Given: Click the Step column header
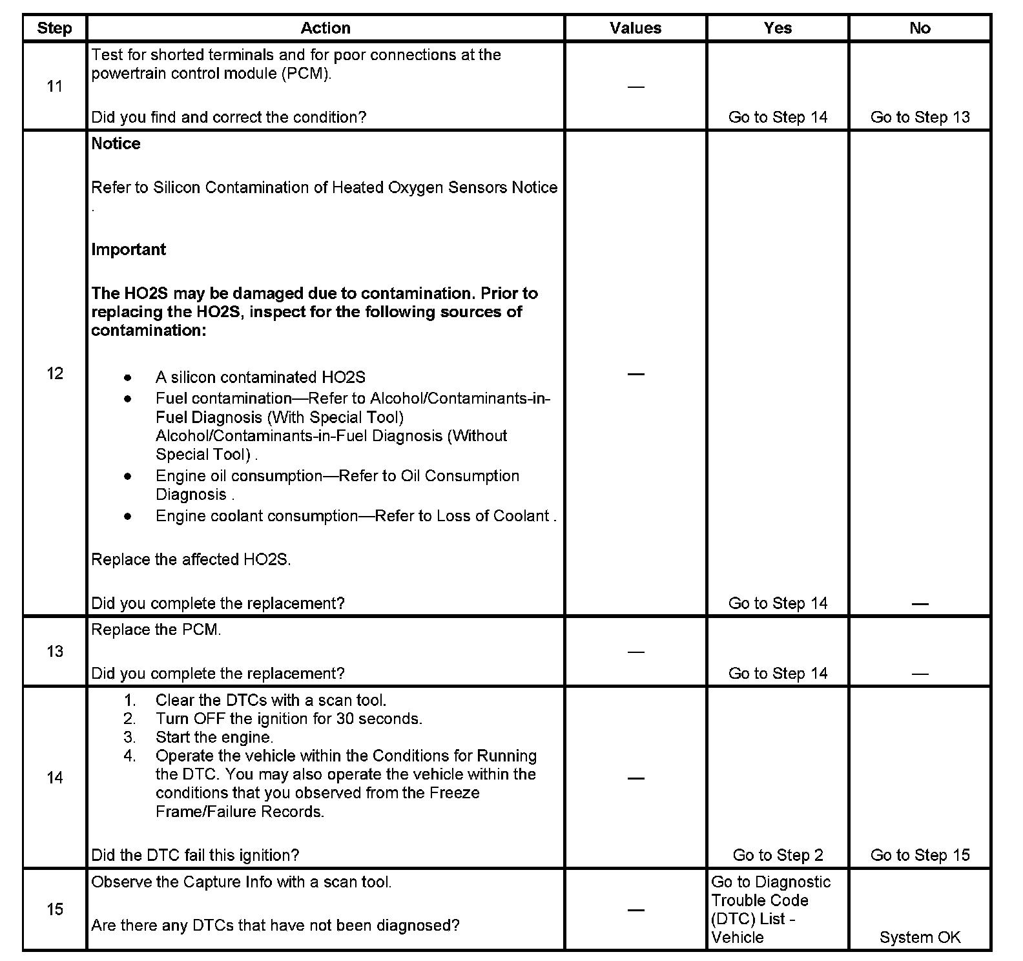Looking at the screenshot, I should click(54, 28).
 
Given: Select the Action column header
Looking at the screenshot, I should click(325, 28).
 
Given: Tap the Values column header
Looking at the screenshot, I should click(635, 28).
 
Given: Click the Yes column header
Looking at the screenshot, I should click(778, 28).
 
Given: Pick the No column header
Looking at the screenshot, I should click(920, 28).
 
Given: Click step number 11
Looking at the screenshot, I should click(55, 87).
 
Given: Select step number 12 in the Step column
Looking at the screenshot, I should click(55, 373).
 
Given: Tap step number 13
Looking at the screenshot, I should click(55, 651).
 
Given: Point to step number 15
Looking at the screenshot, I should click(55, 909).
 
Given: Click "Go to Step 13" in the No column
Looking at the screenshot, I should click(920, 118).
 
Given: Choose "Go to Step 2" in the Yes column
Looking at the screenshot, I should click(778, 855).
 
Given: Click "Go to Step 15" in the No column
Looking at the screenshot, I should click(920, 855).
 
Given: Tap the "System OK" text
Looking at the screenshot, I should click(920, 937).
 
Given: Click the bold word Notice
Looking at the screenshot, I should click(116, 143).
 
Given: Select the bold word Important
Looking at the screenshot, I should click(129, 249).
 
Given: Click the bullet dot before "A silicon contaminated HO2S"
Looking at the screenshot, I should click(129, 377).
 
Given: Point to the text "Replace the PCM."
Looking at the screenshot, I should click(156, 630).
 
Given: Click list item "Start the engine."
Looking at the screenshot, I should click(214, 737).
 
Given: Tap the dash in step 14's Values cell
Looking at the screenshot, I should click(636, 778).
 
